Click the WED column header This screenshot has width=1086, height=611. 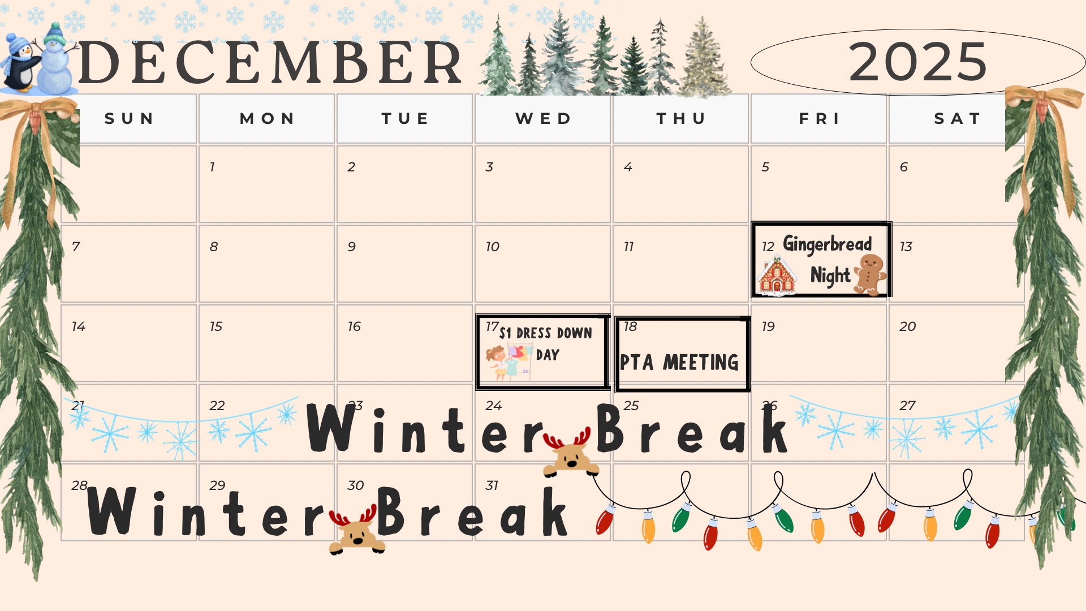click(x=543, y=118)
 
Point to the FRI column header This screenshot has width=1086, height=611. click(x=819, y=118)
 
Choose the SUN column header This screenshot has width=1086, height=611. click(x=129, y=118)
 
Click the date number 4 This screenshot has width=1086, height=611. click(x=628, y=167)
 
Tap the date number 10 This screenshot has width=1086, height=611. click(x=492, y=247)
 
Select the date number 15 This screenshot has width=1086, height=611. click(x=216, y=326)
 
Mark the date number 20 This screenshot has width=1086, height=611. click(x=907, y=326)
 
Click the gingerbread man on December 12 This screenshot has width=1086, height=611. click(x=870, y=274)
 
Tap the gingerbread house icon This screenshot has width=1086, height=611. click(x=777, y=276)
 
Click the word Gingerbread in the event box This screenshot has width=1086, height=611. click(x=827, y=244)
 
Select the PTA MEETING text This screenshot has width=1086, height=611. click(x=679, y=362)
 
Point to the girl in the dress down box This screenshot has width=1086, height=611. click(x=497, y=362)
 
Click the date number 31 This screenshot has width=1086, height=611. click(x=492, y=485)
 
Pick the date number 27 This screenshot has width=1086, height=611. click(x=907, y=406)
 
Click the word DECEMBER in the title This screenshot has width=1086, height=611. click(x=270, y=62)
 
